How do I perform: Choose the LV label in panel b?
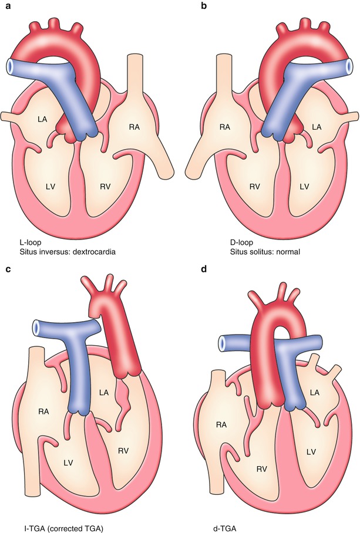pyautogui.click(x=304, y=186)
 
